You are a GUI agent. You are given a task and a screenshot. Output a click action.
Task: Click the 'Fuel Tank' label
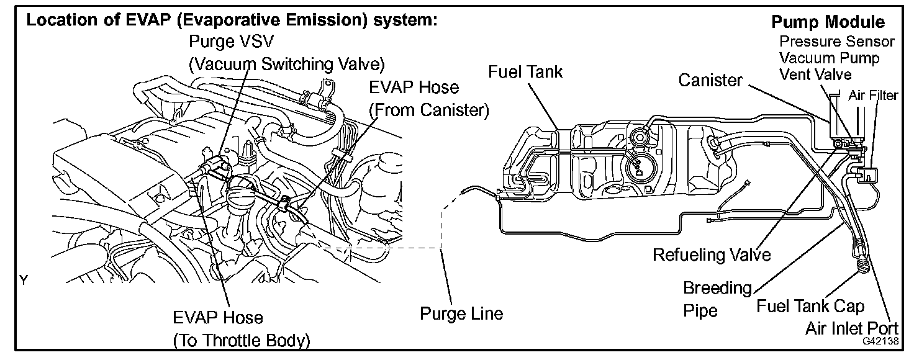(525, 71)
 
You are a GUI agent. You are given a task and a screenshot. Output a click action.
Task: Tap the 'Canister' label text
(710, 80)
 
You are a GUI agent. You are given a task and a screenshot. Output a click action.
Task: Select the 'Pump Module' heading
(828, 22)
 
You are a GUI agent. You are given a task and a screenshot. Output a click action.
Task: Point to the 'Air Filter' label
(872, 96)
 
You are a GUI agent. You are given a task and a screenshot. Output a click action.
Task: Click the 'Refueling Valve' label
(711, 254)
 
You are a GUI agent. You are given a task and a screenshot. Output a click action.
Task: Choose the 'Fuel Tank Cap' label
(810, 306)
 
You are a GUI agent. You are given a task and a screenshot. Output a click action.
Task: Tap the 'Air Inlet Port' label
(855, 328)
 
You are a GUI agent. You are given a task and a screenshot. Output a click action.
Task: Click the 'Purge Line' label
(461, 314)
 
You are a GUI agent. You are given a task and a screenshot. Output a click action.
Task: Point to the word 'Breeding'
(717, 288)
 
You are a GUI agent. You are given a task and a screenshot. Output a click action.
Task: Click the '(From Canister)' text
(429, 110)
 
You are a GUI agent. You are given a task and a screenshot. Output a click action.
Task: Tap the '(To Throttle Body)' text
(241, 340)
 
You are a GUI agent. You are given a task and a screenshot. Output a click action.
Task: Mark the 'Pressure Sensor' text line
(837, 42)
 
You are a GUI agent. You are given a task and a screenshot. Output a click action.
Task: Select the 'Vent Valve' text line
(815, 74)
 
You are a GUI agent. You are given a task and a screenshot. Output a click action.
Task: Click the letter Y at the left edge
(24, 281)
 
